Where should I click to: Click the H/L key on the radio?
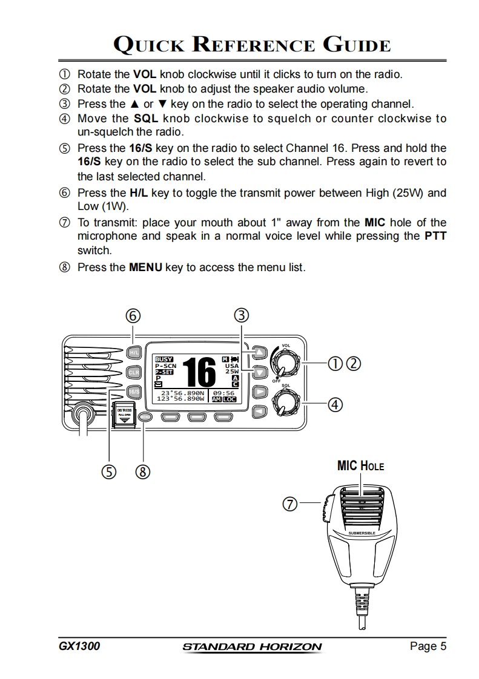[134, 352]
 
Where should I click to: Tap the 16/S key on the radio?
[134, 391]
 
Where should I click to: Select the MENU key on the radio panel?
[144, 417]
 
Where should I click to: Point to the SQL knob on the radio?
[284, 401]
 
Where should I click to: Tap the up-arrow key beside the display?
[260, 352]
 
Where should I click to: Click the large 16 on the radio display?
[199, 372]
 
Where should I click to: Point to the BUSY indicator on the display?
[164, 359]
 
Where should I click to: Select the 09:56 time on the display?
[224, 393]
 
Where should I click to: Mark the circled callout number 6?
[133, 315]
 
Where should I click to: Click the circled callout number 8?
[144, 471]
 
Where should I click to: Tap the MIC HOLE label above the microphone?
[361, 466]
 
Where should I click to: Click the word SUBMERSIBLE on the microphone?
[362, 533]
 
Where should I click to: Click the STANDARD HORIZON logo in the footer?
[252, 647]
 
